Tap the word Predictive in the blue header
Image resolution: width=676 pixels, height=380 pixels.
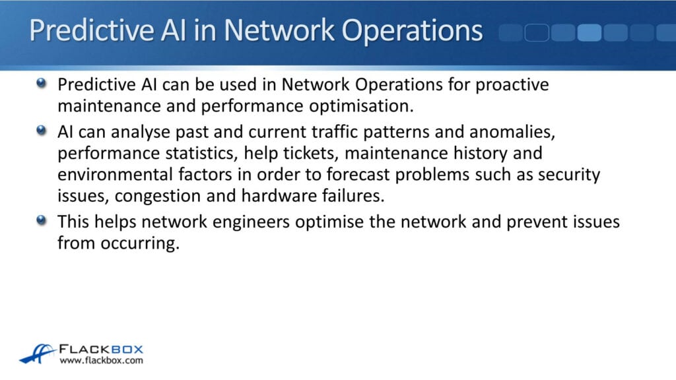point(78,31)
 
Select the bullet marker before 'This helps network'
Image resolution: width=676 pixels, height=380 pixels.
point(42,220)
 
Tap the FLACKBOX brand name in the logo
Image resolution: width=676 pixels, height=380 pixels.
point(101,349)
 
